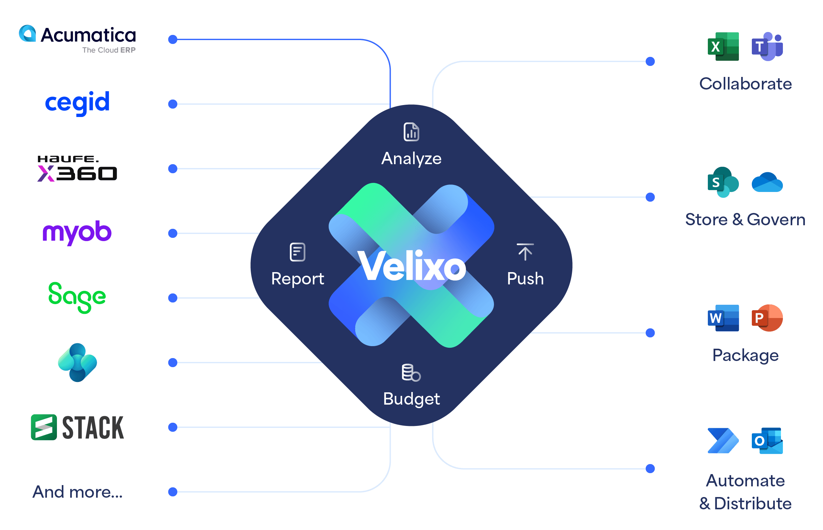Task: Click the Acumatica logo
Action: (77, 39)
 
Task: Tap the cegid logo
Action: (77, 102)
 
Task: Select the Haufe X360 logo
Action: (77, 169)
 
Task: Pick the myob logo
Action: (77, 232)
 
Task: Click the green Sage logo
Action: (77, 297)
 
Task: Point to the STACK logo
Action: (77, 428)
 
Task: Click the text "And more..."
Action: (77, 492)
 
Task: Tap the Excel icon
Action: (723, 47)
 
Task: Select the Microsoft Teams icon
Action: (767, 47)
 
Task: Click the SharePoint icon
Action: (723, 182)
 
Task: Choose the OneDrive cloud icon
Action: (767, 182)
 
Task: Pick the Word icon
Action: (723, 318)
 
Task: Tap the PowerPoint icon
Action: (767, 318)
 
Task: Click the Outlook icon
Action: (767, 441)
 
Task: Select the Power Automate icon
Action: (723, 441)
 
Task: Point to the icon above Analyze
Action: (411, 132)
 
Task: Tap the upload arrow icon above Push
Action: (525, 252)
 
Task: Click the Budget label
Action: (411, 399)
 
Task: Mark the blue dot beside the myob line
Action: (173, 233)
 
